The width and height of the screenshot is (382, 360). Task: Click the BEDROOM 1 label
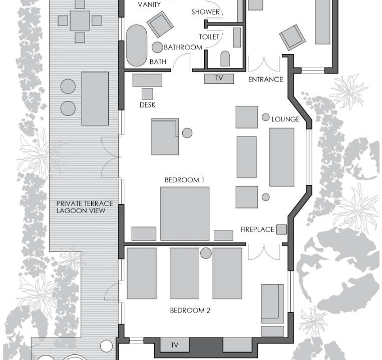point(184,180)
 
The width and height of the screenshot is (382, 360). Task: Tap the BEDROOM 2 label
point(190,310)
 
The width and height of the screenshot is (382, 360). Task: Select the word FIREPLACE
point(257,229)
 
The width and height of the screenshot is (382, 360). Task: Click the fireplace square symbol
point(282,229)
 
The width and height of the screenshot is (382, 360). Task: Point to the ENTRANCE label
point(265,79)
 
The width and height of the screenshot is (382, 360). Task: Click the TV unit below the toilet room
point(219,78)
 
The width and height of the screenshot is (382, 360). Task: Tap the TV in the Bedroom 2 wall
point(174,344)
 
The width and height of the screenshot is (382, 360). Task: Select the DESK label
point(147,105)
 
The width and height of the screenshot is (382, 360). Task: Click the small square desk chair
point(147,94)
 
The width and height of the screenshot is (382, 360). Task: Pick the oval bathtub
point(137,45)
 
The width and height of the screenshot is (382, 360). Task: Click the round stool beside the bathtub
point(157,47)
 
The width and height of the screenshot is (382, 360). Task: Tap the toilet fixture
point(225,58)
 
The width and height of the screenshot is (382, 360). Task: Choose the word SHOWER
point(205,12)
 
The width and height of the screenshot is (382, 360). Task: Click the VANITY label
point(149,4)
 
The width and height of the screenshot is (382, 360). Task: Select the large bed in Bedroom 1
point(185,213)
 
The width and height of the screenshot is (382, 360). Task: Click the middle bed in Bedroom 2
point(184,273)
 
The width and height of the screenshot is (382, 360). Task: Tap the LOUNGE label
point(285,119)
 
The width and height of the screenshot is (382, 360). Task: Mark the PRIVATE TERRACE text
point(85,203)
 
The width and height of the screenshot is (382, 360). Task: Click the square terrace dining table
point(80,20)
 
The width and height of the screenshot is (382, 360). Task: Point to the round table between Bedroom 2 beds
point(206,253)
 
